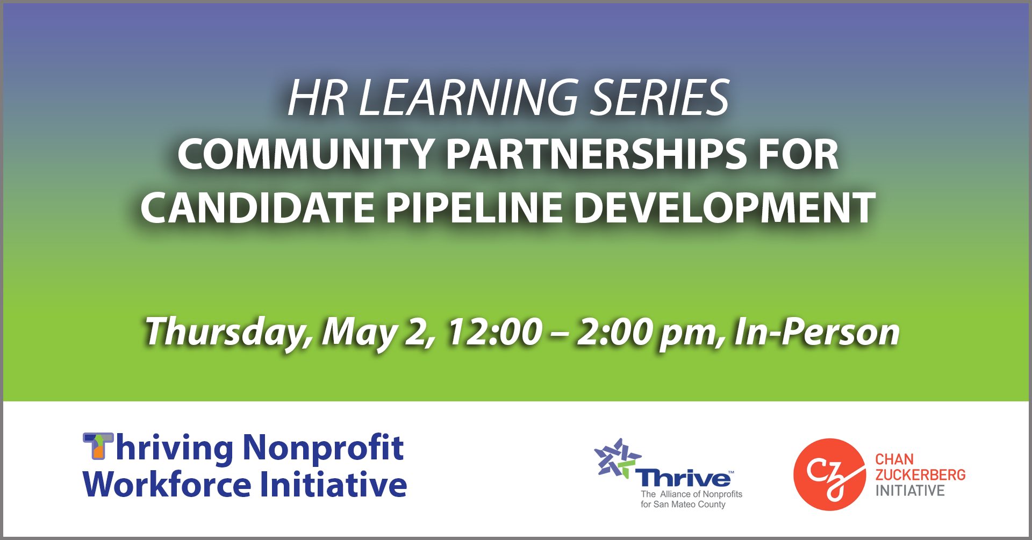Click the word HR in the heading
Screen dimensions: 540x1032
tap(317, 98)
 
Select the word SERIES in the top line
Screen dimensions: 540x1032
tap(660, 98)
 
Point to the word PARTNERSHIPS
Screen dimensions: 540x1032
tap(597, 155)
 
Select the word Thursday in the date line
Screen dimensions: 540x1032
tap(228, 332)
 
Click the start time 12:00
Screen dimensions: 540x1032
tap(495, 332)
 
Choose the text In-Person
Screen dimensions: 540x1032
tap(816, 332)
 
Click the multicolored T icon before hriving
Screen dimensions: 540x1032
tap(98, 446)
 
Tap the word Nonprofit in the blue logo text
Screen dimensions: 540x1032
tap(323, 448)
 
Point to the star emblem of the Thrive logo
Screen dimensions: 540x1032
tap(617, 458)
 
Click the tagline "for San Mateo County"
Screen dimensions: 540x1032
tap(683, 505)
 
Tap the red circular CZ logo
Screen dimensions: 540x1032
tap(829, 474)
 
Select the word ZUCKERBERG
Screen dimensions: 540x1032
tap(920, 475)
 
